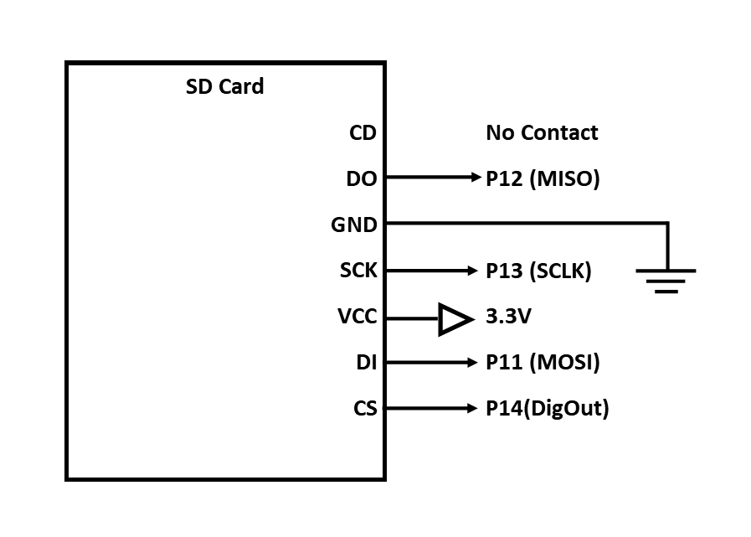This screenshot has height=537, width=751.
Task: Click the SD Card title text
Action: point(224,86)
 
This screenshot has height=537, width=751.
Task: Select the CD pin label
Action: point(363,132)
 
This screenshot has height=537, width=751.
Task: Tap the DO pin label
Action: point(361,178)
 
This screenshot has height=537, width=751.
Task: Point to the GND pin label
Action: point(354,225)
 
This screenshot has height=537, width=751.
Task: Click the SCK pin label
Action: point(358,271)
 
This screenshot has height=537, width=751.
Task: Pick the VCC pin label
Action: point(357,318)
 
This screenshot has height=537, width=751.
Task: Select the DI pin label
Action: point(366,363)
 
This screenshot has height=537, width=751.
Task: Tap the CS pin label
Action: point(365,409)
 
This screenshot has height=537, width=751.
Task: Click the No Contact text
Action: point(542,132)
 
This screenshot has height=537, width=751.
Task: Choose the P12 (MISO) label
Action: point(543,178)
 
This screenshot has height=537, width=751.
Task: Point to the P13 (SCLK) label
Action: point(538,271)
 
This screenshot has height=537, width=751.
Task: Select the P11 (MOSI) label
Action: point(543,363)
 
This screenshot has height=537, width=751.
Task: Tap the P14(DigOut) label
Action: point(547,409)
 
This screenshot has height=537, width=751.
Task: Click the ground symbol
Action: point(666,280)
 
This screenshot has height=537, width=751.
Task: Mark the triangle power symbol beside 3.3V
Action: point(454,319)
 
